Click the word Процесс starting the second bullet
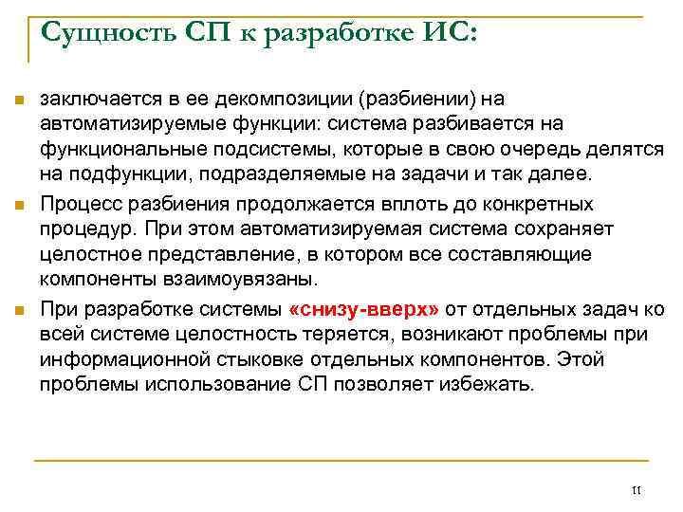point(79,204)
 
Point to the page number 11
point(636,490)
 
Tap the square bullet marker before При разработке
point(18,309)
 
